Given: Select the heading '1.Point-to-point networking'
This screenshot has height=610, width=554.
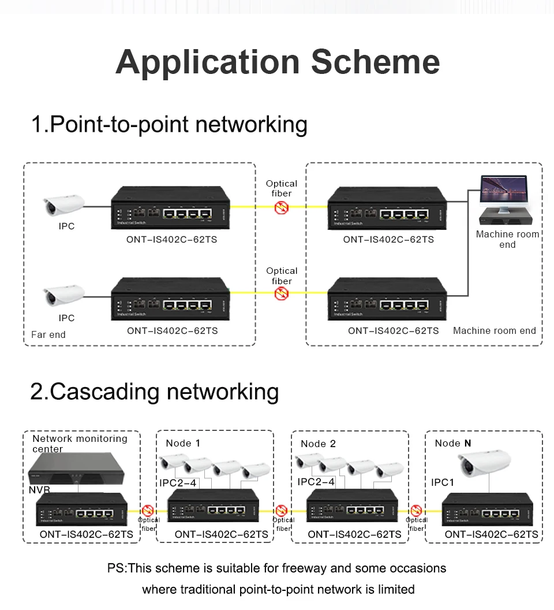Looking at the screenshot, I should (x=169, y=125).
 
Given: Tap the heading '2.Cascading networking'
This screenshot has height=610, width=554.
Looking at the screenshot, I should (x=155, y=392).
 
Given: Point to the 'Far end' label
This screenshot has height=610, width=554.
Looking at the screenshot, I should (x=48, y=334).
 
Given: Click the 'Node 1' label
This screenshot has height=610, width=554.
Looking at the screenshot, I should (x=183, y=443).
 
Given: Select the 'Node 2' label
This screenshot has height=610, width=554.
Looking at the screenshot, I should (x=318, y=444).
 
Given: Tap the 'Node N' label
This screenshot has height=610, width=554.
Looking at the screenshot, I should (x=453, y=443).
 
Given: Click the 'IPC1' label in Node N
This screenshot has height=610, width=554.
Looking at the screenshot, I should (x=443, y=482).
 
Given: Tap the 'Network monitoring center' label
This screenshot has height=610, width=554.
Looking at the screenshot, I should (x=80, y=443).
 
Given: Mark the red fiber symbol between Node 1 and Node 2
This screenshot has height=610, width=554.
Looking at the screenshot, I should (x=282, y=511).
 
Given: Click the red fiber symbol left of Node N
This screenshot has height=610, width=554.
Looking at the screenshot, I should (x=415, y=511).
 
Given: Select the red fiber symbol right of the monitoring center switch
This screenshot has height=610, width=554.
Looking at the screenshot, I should (x=148, y=511).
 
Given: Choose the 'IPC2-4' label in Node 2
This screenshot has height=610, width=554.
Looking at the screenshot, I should (x=316, y=482).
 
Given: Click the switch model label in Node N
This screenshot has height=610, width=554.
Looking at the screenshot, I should (x=491, y=535).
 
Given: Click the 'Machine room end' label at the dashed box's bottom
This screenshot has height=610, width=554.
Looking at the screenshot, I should (x=495, y=331).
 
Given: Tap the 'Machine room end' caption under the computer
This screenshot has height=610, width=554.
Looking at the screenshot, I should (x=507, y=239).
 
